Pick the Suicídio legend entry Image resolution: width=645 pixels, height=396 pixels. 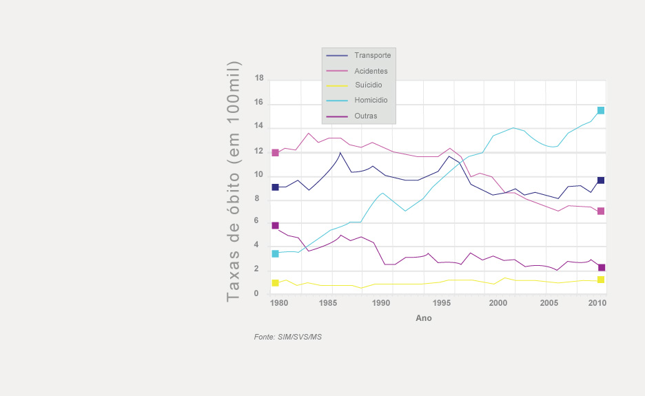pyautogui.click(x=368, y=85)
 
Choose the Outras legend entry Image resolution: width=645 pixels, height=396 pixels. pyautogui.click(x=365, y=116)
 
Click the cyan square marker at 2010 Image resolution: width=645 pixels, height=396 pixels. pyautogui.click(x=601, y=110)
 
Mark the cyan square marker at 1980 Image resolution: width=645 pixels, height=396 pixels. pyautogui.click(x=275, y=253)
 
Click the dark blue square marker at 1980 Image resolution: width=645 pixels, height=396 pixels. pyautogui.click(x=275, y=187)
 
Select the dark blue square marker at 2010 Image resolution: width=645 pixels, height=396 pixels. pyautogui.click(x=601, y=180)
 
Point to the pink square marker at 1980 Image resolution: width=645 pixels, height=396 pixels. pyautogui.click(x=275, y=152)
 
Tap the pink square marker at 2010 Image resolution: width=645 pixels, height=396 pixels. pyautogui.click(x=601, y=211)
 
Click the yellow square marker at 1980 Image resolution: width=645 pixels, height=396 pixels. pyautogui.click(x=275, y=282)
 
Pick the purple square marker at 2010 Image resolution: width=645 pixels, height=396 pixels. pyautogui.click(x=601, y=267)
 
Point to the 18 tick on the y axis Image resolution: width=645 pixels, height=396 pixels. pyautogui.click(x=259, y=79)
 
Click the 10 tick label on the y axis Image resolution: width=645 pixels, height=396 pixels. pyautogui.click(x=259, y=175)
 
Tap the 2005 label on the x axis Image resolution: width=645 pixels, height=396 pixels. pyautogui.click(x=549, y=303)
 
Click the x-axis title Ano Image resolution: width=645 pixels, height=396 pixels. pyautogui.click(x=424, y=318)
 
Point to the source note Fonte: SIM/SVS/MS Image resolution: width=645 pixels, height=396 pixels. pyautogui.click(x=288, y=337)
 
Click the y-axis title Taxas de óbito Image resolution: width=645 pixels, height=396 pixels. pyautogui.click(x=234, y=181)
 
